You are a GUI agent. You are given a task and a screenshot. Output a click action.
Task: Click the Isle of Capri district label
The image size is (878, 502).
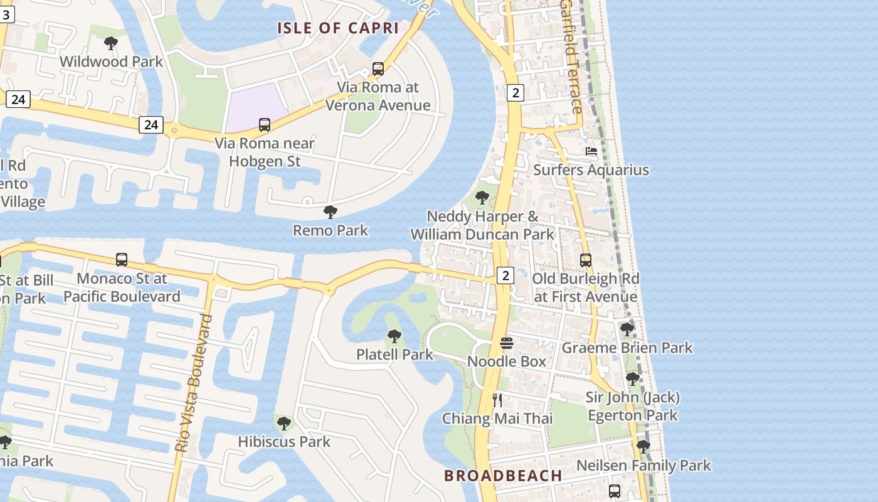click(x=338, y=28)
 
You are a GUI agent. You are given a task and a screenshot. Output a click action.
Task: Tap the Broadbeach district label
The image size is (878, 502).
click(x=503, y=476)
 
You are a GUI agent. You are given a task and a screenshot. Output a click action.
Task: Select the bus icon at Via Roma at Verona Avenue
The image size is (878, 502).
click(x=378, y=69)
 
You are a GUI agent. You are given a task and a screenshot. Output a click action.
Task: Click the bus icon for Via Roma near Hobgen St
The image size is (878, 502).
click(x=265, y=125)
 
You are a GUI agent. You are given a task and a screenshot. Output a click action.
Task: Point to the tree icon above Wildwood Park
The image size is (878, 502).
click(x=111, y=43)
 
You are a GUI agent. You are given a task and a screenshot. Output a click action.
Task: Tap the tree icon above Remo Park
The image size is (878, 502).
click(x=331, y=212)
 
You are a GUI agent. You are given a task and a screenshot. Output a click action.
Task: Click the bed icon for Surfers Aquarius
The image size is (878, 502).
click(x=591, y=151)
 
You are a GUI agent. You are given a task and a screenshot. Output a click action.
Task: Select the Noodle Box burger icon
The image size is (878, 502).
click(x=507, y=343)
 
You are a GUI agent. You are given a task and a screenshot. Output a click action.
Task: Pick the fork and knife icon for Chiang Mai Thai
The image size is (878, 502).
click(x=498, y=400)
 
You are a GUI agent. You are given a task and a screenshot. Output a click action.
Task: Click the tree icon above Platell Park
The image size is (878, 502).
click(x=394, y=336)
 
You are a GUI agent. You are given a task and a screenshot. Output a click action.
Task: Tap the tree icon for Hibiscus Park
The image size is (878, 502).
click(x=284, y=424)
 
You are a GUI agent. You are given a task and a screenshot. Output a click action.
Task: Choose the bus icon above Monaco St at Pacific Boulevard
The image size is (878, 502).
click(x=122, y=260)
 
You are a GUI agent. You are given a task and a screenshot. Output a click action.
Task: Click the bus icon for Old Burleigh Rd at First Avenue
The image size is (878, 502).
click(x=586, y=260)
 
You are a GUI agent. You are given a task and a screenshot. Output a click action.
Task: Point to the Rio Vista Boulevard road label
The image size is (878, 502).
click(x=194, y=383)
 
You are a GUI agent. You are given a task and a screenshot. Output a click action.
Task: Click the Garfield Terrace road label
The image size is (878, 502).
click(x=571, y=56)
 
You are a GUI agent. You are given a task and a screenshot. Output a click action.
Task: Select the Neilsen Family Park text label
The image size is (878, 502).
click(x=643, y=466)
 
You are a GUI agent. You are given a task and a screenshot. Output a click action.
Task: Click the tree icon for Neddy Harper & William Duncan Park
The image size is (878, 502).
click(x=482, y=198)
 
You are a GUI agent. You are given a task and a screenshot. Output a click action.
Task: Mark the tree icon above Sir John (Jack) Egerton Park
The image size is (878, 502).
click(x=633, y=379)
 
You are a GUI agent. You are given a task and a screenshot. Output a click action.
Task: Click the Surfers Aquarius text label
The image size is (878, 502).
click(x=591, y=170)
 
